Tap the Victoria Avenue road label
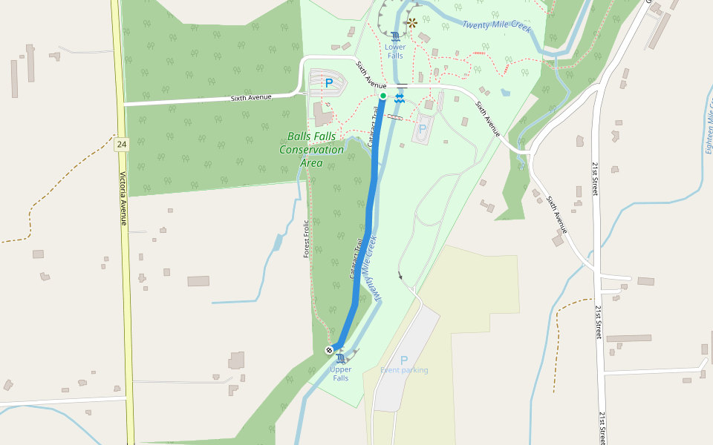[123, 199]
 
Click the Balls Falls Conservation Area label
[311, 149]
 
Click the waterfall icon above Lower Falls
[396, 36]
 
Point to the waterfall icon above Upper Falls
[341, 358]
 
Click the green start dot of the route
[382, 96]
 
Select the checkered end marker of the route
[329, 349]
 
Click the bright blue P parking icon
[329, 83]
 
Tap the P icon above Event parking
[404, 360]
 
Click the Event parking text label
[404, 370]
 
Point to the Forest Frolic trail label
[306, 239]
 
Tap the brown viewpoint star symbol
[412, 22]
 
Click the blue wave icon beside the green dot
[400, 96]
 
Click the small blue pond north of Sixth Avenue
[506, 93]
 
